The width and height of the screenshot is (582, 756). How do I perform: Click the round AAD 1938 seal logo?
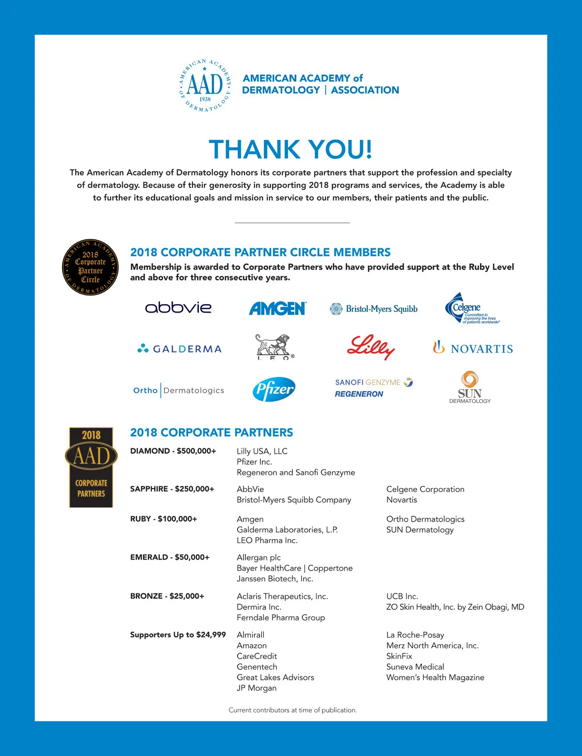tap(205, 86)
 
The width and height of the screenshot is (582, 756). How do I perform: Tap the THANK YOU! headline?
tap(291, 149)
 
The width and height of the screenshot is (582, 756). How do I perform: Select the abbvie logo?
tap(178, 308)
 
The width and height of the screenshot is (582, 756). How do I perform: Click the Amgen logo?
tap(277, 309)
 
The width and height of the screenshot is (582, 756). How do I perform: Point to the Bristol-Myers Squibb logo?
tap(373, 309)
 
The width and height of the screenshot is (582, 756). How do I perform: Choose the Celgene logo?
tap(470, 309)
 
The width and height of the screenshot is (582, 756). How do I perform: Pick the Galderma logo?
tap(179, 349)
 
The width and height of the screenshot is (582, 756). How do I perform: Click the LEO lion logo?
tap(274, 346)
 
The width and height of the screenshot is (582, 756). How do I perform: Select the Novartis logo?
tap(473, 348)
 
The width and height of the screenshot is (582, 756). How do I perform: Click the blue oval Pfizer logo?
tap(274, 389)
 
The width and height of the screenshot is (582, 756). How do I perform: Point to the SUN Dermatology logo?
tap(469, 387)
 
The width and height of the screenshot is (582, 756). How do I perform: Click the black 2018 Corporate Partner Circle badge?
tap(91, 267)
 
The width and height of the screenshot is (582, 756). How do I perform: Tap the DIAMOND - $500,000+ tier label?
tap(173, 451)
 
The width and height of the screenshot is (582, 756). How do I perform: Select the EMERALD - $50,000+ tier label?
tap(170, 557)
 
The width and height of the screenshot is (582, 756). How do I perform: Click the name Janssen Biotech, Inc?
tap(275, 578)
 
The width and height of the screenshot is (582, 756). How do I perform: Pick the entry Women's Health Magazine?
tap(435, 677)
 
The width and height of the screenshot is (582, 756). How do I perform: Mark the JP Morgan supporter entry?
tap(257, 688)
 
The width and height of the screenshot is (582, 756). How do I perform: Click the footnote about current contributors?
tap(292, 710)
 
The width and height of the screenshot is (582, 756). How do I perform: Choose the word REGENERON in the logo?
tap(359, 394)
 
